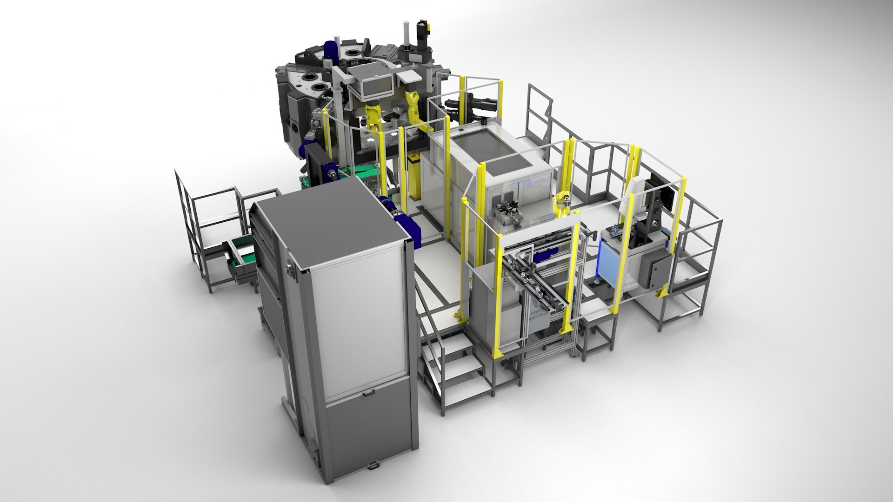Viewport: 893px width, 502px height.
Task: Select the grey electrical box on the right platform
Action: tap(654, 269)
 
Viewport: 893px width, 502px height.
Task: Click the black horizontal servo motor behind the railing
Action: tap(470, 108)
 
